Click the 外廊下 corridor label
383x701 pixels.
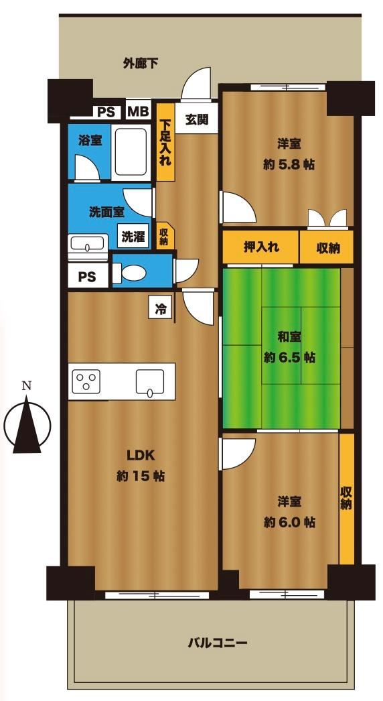(x=141, y=64)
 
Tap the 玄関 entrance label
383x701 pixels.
(x=197, y=119)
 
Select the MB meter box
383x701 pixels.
(x=138, y=111)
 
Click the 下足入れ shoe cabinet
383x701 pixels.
(x=165, y=142)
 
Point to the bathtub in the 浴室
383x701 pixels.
(x=131, y=152)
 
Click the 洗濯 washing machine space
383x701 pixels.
(x=134, y=237)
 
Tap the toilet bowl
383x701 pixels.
(x=131, y=273)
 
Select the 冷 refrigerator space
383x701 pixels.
(x=159, y=308)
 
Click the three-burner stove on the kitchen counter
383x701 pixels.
(x=86, y=382)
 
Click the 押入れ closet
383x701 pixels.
(x=261, y=247)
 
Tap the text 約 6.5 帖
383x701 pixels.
(x=289, y=358)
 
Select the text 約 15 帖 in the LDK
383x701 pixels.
(x=141, y=476)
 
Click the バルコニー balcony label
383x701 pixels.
(x=218, y=644)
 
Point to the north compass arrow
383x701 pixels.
(x=27, y=424)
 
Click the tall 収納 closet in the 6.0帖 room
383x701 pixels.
(x=346, y=499)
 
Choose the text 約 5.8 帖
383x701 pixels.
(x=289, y=164)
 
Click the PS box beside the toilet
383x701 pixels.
(x=88, y=276)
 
